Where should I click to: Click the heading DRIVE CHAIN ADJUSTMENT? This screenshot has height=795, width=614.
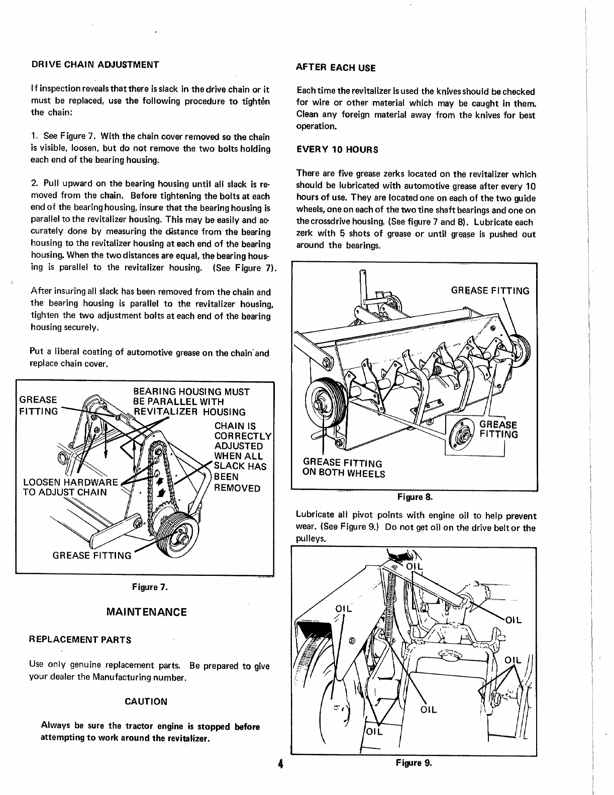95,65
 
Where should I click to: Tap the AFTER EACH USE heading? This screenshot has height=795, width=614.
336,67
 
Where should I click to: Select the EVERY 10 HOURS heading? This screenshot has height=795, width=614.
337,150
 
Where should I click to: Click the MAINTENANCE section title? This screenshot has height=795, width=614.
147,612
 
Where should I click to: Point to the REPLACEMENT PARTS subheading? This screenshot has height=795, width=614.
80,640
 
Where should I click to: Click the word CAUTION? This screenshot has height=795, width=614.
146,701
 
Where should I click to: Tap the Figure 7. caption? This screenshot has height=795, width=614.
149,586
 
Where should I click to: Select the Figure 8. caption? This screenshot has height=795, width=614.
415,497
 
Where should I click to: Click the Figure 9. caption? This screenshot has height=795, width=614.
414,763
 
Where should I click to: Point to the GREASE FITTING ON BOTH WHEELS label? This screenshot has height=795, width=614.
343,468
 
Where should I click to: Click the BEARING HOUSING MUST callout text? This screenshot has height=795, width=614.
191,391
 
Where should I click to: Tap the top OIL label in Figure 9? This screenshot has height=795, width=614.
415,566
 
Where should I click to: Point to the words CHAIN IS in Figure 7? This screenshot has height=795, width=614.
235,426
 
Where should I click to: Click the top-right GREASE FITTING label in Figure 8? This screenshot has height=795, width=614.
490,291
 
